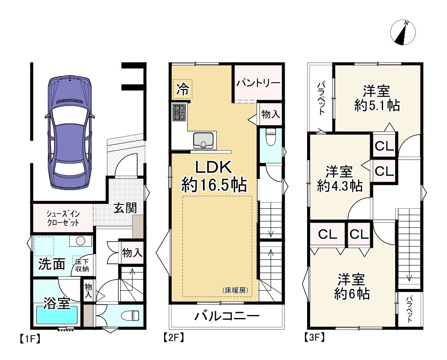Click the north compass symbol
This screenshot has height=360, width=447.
pos(403,33)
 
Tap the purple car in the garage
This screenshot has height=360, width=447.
pos(70,132)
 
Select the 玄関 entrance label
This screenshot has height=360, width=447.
pos(125,208)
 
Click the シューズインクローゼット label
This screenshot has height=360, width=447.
pos(63,218)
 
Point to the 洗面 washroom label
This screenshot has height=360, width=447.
pos(51,264)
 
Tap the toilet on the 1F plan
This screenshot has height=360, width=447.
pos(130,315)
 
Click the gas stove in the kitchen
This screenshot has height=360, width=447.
pos(179,112)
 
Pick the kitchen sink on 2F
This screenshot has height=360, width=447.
pos(203,140)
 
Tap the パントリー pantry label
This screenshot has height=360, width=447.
pos(258,83)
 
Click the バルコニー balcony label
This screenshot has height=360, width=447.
pos(227,316)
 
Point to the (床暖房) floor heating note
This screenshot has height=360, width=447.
pos(235,290)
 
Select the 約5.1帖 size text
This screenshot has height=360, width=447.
pos(377,106)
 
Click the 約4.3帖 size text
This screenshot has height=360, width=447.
pos(340,186)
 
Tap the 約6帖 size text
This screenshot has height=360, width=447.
pos(352,293)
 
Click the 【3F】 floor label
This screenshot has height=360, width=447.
pos(314,338)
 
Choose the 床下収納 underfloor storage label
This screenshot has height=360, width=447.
pos(82,265)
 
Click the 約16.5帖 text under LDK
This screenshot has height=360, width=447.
pos(214,186)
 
